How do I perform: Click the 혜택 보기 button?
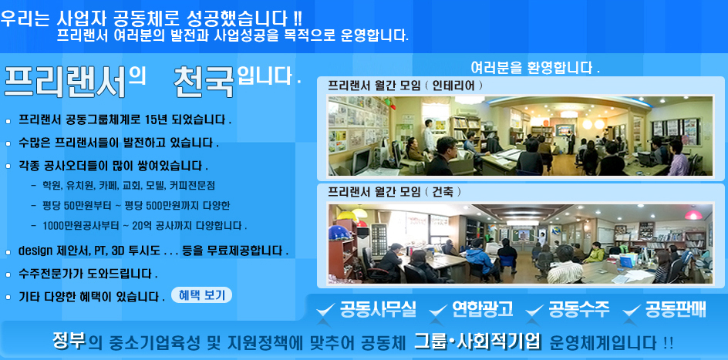(201, 295)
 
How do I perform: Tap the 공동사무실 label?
(379, 309)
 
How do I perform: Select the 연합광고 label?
(483, 309)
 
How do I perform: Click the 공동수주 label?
(579, 309)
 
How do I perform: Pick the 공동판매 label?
(676, 309)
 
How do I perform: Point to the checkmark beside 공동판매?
(632, 310)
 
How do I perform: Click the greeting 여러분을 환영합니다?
(535, 68)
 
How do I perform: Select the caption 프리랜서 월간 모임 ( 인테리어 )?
(406, 86)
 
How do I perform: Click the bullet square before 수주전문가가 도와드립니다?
(8, 274)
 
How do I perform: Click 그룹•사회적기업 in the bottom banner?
(478, 342)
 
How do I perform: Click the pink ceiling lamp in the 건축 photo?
(693, 215)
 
